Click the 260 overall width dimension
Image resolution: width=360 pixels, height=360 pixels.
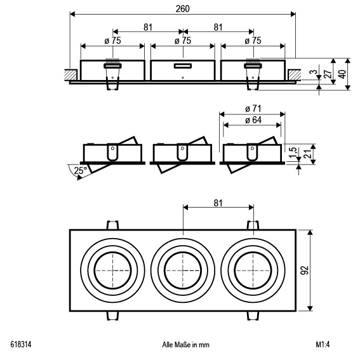click(182, 9)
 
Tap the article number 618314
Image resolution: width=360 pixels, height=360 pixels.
click(21, 344)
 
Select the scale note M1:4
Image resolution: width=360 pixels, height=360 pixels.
click(323, 344)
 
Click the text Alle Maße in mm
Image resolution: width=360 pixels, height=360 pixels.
click(185, 345)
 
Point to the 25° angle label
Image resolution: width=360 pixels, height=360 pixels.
click(81, 171)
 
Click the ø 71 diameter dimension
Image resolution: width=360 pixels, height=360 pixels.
click(253, 109)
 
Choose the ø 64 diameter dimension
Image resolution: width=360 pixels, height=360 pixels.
click(253, 120)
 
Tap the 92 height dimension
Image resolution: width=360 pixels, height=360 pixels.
click(305, 270)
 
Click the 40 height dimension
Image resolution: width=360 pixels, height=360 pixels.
click(342, 74)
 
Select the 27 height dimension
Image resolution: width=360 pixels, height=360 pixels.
click(328, 74)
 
